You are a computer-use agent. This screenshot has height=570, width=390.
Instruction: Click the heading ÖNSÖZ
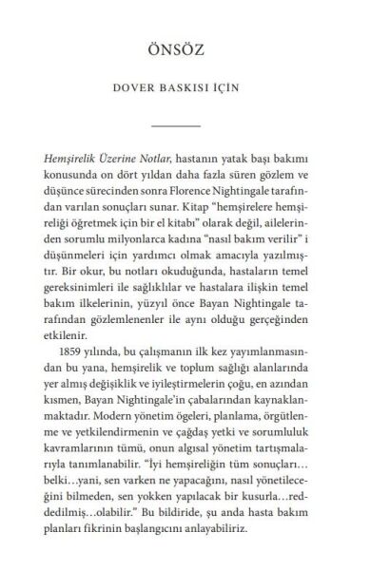[194, 49]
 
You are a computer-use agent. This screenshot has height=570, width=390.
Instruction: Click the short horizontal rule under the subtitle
[194, 126]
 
